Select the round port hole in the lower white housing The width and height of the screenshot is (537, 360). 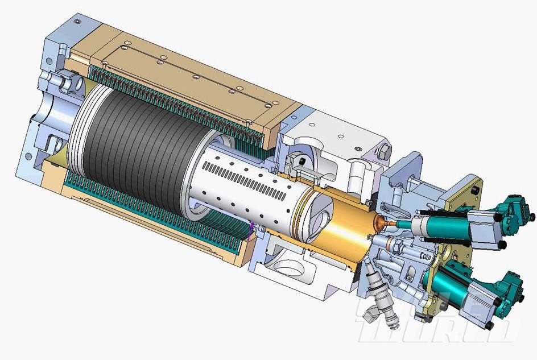pyautogui.click(x=289, y=267)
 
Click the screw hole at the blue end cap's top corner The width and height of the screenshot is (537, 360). pyautogui.click(x=77, y=22)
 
